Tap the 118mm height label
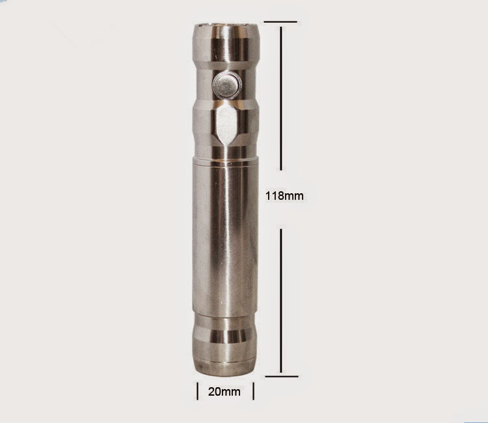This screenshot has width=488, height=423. click(285, 195)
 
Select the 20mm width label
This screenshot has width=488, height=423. click(224, 392)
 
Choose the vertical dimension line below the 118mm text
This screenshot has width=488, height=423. click(280, 299)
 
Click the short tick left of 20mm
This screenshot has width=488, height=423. click(198, 391)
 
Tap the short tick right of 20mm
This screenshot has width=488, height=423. click(253, 391)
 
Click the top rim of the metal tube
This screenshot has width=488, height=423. click(227, 25)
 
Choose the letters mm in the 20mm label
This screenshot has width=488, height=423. click(232, 392)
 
